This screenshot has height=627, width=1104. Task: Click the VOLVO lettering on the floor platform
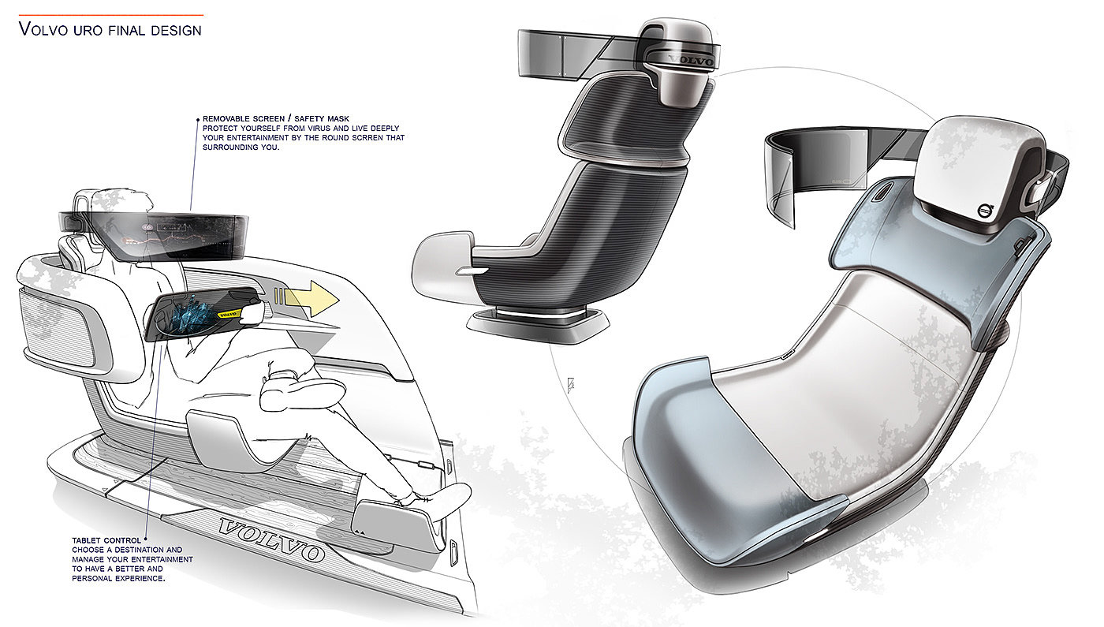pyautogui.click(x=270, y=537)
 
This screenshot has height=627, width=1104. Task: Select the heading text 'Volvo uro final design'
pyautogui.click(x=110, y=30)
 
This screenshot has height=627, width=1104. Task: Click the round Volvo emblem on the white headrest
pyautogui.click(x=985, y=211)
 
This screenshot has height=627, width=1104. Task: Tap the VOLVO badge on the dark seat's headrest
pyautogui.click(x=689, y=60)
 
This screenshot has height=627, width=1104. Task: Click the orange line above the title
pyautogui.click(x=110, y=14)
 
